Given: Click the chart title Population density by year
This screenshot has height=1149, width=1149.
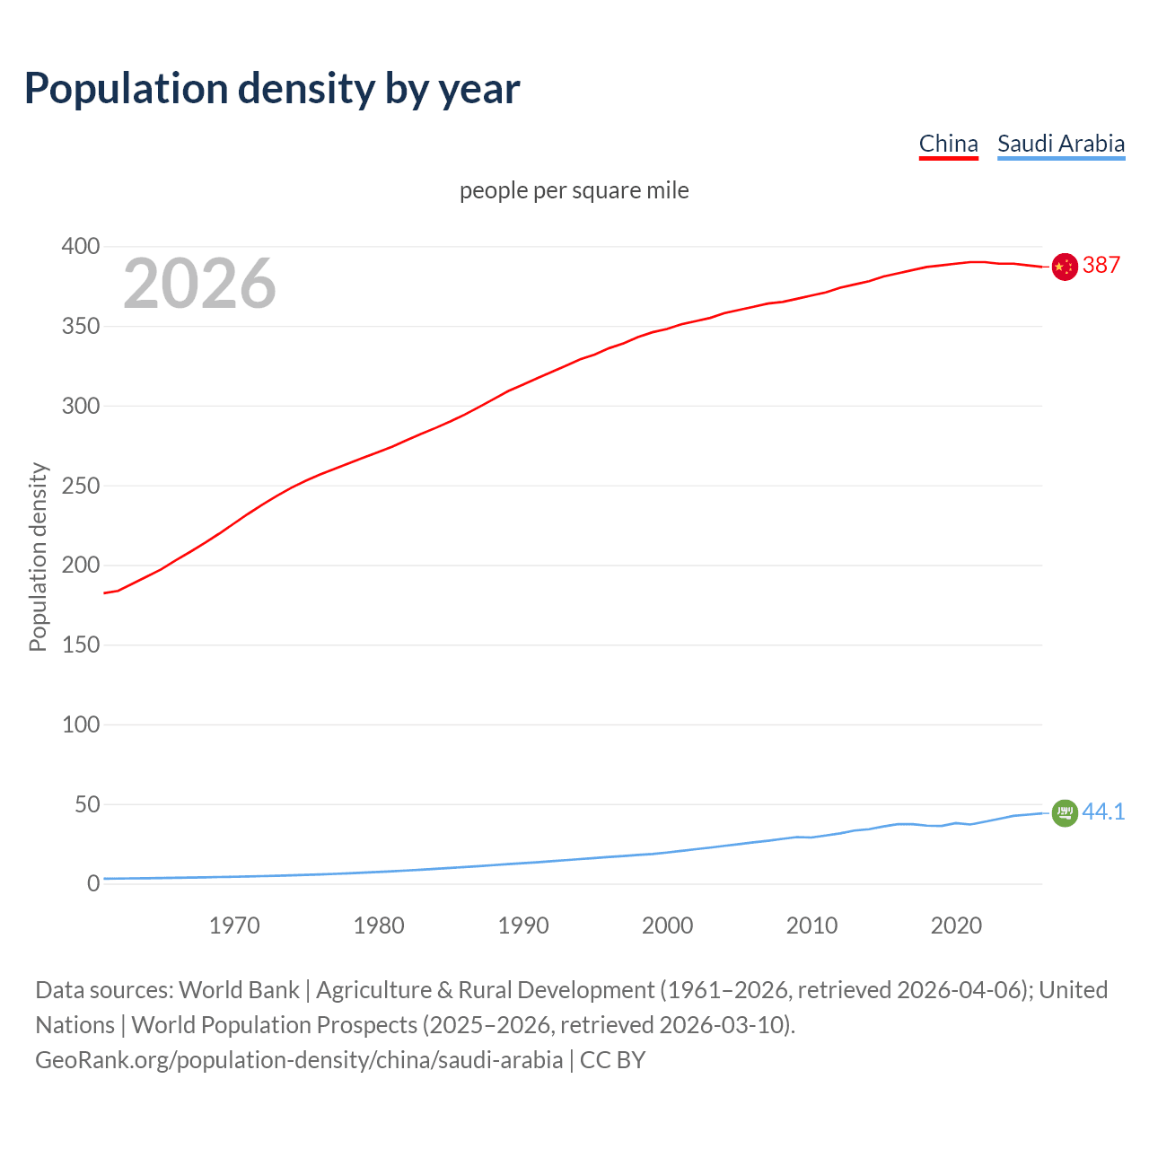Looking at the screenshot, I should pos(272,88).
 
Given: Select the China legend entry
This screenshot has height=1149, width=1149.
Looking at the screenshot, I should pos(948,144).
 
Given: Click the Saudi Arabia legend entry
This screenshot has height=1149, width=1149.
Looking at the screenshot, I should pos(1060,144).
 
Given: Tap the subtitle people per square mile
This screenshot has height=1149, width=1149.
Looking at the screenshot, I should pos(574,190).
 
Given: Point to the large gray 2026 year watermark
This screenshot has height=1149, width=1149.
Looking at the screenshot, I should pos(199,284).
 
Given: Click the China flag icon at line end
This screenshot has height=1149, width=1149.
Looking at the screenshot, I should pos(1064,267).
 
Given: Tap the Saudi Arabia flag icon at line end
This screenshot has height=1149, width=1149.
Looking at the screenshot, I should pos(1064,812).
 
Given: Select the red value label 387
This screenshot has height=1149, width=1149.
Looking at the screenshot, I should pos(1101,265).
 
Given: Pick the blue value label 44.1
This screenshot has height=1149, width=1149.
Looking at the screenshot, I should pos(1103,811).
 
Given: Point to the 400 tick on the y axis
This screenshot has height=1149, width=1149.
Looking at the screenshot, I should pos(81,246).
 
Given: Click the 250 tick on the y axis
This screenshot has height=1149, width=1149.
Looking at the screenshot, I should pos(81,486).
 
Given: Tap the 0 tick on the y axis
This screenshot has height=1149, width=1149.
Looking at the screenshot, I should pos(92,883).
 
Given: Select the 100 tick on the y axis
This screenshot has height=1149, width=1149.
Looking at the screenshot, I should pos(81,724).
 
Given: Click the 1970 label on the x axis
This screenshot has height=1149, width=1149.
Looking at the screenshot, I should pos(234,925).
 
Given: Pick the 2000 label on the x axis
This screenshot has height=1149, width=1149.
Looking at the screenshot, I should pos(667,925).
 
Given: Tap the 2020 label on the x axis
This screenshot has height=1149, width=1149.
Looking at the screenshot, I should pos(956,925).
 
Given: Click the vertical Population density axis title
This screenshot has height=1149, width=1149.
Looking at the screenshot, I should pos(38,557).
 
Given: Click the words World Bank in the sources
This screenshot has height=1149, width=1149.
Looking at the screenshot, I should pos(239,989).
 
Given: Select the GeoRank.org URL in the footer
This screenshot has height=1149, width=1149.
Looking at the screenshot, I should pos(299,1059).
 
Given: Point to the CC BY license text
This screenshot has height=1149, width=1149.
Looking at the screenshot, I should pos(612,1059).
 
